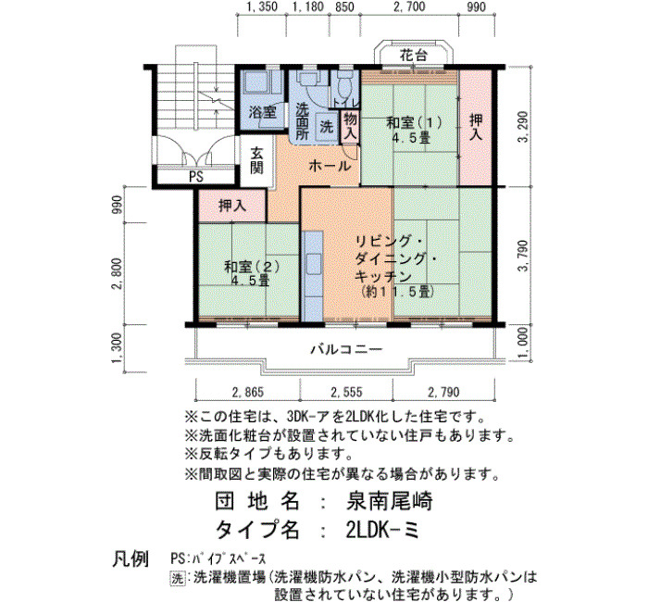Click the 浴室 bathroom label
(263, 112)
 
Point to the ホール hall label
(330, 166)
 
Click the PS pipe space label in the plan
(196, 177)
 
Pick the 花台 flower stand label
(413, 56)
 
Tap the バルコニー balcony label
(346, 350)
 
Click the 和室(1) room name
(414, 123)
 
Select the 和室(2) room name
(252, 267)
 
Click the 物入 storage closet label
(350, 126)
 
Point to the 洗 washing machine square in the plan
(327, 127)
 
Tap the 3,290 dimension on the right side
(523, 127)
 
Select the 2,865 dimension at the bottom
(248, 392)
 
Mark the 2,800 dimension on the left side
(117, 274)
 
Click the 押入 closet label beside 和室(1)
(476, 127)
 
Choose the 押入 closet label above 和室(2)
(232, 206)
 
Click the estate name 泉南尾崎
(389, 502)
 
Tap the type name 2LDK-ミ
(382, 530)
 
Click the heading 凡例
(131, 559)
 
